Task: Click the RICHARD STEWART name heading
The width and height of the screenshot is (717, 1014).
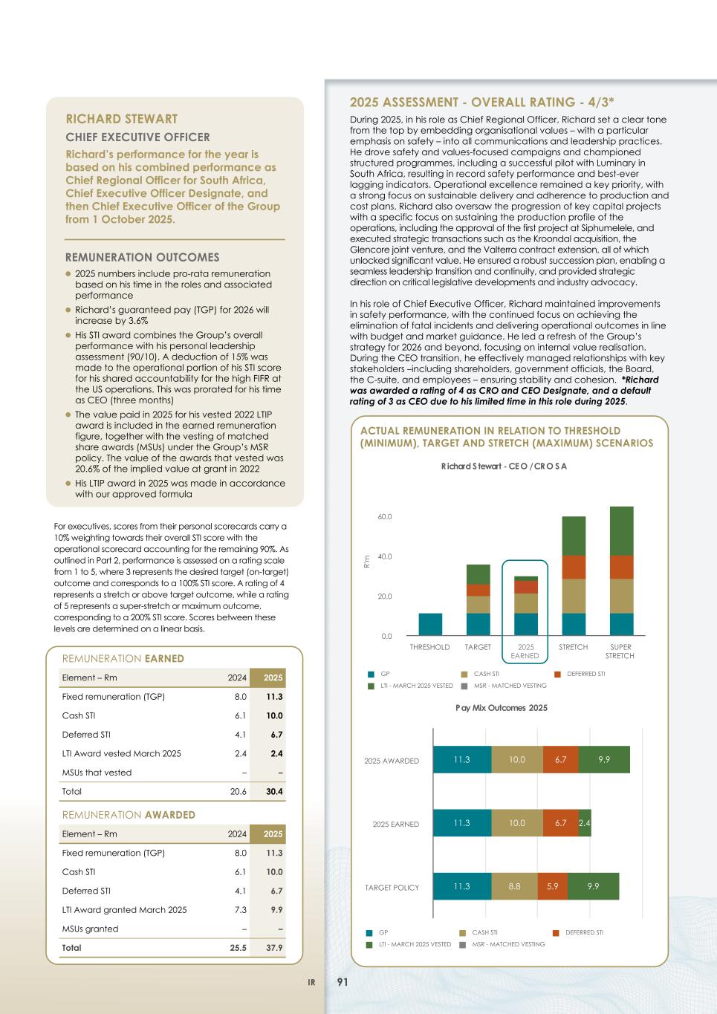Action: click(122, 119)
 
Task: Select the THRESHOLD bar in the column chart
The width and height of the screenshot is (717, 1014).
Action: click(430, 624)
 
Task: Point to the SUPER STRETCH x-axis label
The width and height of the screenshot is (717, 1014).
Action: click(620, 651)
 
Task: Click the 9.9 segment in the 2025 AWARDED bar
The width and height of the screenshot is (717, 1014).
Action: click(604, 760)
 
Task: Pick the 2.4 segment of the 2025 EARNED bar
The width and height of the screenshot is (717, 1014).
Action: click(585, 823)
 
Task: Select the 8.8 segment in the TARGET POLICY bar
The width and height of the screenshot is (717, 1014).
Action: click(514, 887)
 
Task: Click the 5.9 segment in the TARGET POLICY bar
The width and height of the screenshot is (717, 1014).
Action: click(553, 887)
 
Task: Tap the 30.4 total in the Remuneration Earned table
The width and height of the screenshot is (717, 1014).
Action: click(273, 792)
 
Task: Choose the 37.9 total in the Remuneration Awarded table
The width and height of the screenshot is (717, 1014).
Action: click(273, 948)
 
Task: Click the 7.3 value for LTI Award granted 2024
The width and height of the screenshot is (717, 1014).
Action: click(240, 910)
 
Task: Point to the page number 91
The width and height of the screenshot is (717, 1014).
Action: click(343, 982)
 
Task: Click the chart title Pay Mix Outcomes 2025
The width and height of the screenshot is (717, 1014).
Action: click(502, 708)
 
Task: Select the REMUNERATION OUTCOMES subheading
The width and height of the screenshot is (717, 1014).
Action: click(143, 258)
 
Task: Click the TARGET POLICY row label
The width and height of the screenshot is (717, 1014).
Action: click(392, 888)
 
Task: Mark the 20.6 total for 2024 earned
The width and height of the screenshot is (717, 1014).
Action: click(238, 792)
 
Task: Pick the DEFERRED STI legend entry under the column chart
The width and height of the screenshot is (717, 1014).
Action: click(585, 674)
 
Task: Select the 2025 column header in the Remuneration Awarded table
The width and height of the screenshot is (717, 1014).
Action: click(272, 834)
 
